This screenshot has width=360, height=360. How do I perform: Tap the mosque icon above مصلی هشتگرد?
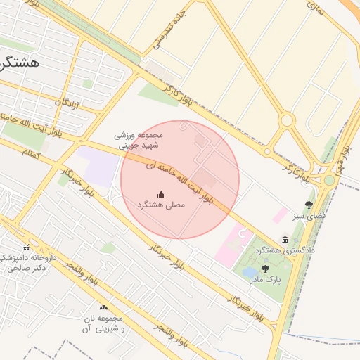point(160,194)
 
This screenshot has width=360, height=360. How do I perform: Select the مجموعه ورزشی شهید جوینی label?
point(139,140)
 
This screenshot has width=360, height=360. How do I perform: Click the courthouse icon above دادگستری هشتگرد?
point(284,240)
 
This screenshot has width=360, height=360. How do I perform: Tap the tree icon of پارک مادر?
point(264,268)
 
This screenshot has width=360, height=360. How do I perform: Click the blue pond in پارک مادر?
point(250,272)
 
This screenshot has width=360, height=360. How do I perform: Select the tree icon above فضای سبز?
point(309,205)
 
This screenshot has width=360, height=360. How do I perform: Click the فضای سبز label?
point(309,217)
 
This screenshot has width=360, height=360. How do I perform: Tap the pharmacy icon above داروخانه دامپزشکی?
point(26,247)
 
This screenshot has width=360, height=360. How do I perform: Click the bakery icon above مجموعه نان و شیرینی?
point(104,307)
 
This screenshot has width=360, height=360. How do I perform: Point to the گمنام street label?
point(32,151)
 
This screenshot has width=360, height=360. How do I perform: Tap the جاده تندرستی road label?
point(172,31)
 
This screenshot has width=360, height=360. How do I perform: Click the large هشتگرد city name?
point(20,62)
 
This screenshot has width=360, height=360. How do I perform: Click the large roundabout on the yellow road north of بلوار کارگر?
point(286,120)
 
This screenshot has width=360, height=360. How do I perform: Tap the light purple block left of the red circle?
point(98,166)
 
